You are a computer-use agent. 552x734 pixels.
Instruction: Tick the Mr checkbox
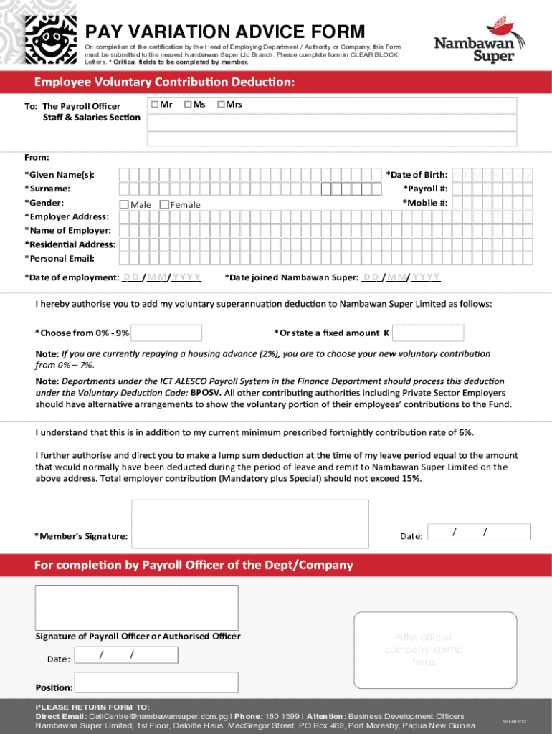154,105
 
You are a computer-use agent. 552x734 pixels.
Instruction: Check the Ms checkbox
187,105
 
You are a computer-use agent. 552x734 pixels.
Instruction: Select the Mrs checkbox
222,105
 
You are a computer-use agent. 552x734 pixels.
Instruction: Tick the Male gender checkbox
123,205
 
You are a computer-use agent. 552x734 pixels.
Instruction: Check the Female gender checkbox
164,205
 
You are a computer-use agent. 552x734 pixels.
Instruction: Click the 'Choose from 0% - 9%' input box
167,333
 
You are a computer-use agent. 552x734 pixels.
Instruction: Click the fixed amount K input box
429,333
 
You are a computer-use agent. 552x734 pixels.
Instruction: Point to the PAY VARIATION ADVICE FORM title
225,32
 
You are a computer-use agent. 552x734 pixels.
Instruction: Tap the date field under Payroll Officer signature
126,655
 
